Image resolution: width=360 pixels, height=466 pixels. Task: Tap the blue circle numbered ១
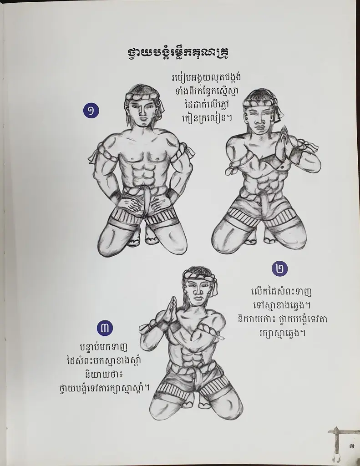tap(91, 111)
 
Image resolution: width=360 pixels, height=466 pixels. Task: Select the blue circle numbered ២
tap(280, 268)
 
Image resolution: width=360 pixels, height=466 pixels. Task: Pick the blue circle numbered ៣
tap(105, 328)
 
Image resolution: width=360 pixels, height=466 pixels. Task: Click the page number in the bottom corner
tap(352, 446)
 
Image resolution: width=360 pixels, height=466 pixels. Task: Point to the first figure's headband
tap(142, 97)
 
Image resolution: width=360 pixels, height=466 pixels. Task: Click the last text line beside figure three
tap(104, 388)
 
